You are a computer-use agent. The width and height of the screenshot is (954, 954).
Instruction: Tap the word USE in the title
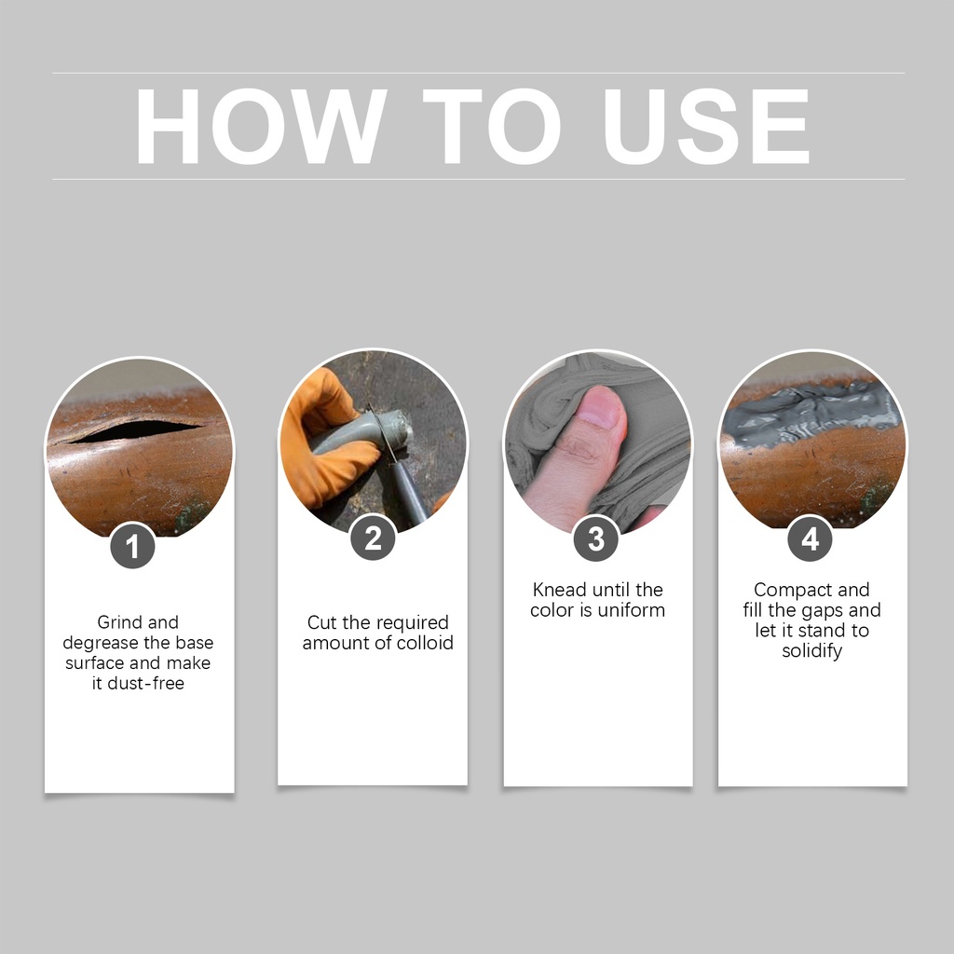pos(705,126)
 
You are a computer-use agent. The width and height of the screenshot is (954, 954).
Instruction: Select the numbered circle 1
pos(132,546)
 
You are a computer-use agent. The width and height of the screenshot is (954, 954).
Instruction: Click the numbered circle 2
pos(373,538)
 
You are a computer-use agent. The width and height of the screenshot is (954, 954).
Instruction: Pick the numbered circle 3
pos(596,539)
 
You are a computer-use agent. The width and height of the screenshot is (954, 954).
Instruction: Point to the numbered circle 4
pos(810,539)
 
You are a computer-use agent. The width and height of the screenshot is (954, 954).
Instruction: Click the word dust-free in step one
pos(146,683)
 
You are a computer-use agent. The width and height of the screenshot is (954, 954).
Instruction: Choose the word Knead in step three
pos(559,590)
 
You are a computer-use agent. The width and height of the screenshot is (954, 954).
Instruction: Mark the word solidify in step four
pos(812,651)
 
